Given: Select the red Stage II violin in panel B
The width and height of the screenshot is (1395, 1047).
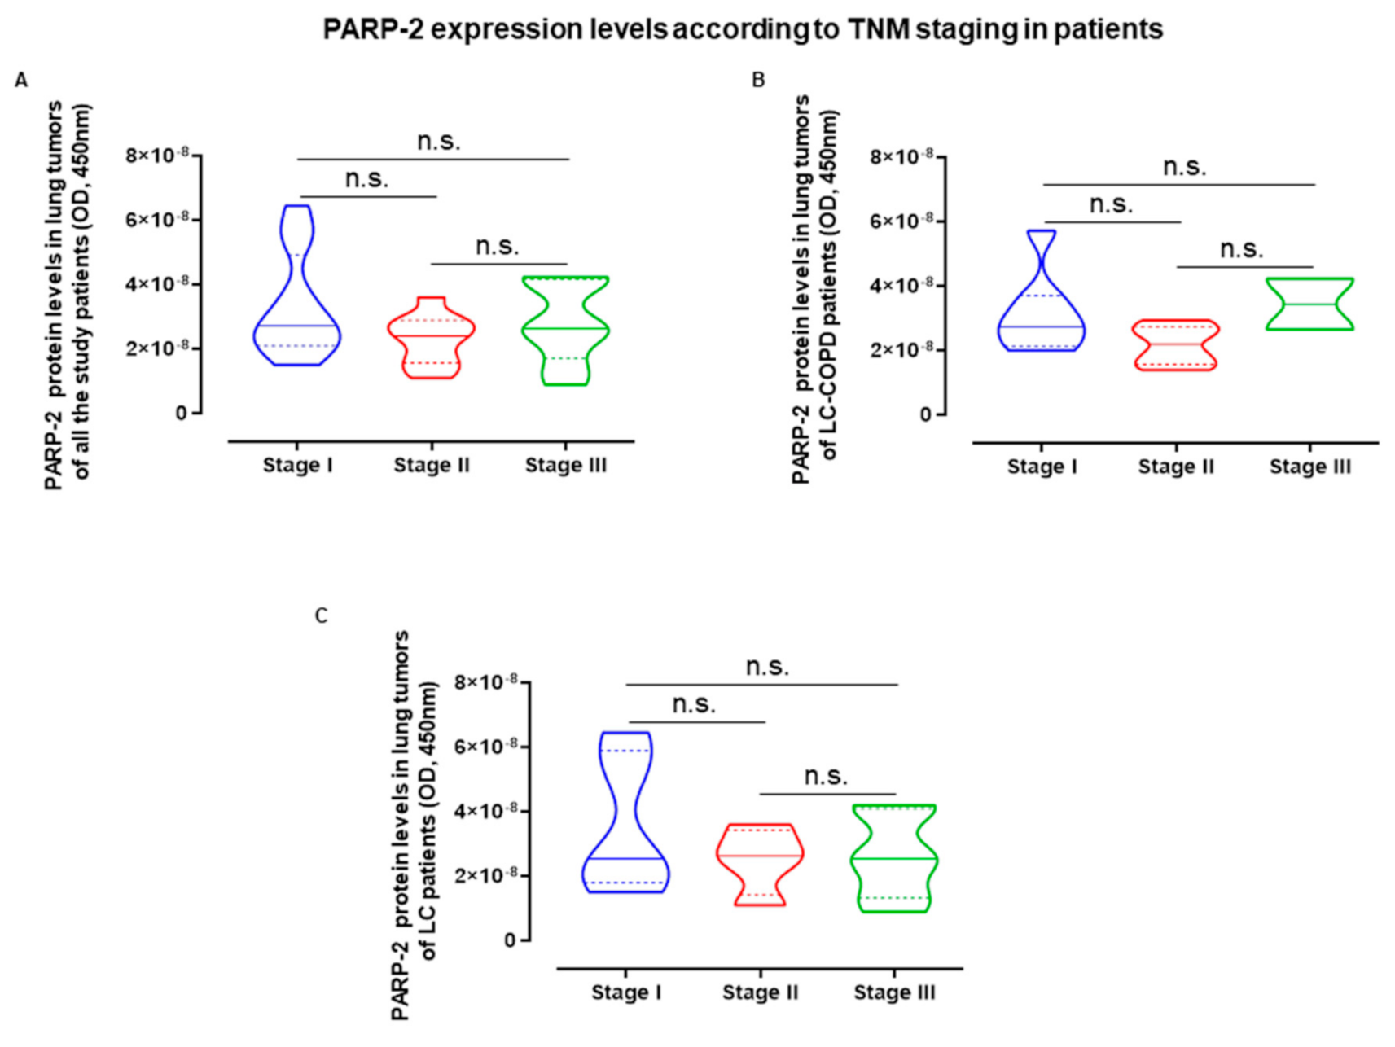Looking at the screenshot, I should tap(1177, 344).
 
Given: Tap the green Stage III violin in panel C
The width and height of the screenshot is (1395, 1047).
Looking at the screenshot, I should tap(895, 859).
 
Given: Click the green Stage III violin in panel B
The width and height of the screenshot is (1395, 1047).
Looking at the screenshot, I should tap(1310, 304).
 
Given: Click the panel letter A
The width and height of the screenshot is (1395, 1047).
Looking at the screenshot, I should tap(21, 81).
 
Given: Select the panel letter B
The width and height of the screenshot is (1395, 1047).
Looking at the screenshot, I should tap(758, 81).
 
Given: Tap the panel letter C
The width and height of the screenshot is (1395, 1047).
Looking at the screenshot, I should tap(321, 615).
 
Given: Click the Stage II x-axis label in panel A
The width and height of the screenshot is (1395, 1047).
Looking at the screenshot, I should tap(432, 466).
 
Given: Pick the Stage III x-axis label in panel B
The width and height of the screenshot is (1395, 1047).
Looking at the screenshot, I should tap(1309, 467).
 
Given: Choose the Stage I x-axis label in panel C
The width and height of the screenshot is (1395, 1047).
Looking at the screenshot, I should tap(625, 992).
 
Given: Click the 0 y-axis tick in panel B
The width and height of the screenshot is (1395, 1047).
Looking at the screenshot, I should tap(924, 415).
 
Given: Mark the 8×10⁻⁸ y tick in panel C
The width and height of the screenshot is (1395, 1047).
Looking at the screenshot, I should tap(485, 681).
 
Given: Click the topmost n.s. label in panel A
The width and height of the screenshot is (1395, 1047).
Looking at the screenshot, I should tap(438, 142).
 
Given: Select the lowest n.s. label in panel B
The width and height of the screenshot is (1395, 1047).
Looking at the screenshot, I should tap(1241, 249).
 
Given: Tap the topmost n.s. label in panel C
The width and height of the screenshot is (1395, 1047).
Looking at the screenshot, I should tap(767, 667).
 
